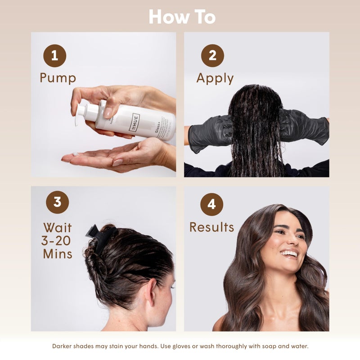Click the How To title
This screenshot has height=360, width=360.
[182, 17]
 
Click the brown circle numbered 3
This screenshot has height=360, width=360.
[57, 202]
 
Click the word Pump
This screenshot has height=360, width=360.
[58, 78]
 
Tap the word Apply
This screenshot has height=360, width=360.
[215, 78]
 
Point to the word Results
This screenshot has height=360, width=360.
[211, 227]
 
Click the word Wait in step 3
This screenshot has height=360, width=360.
[57, 227]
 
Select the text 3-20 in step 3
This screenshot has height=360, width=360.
[56, 240]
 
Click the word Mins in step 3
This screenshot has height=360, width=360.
[58, 254]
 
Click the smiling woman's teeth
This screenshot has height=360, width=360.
[289, 254]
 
